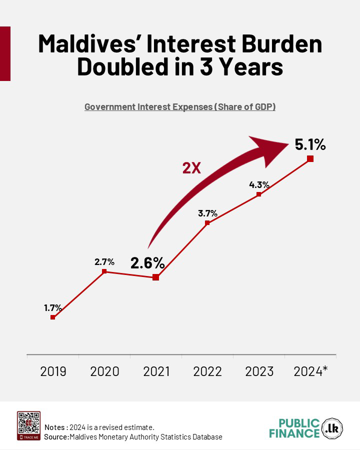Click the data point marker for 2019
click(52, 317)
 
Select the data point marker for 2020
click(104, 271)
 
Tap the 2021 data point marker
click(155, 277)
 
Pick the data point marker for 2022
click(207, 222)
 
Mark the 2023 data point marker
click(258, 194)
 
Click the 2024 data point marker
click(310, 158)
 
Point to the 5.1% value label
click(310, 144)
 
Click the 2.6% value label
click(147, 262)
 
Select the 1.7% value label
click(52, 307)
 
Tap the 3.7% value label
click(207, 213)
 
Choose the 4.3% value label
click(259, 184)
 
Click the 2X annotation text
click(191, 168)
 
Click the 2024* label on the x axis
click(310, 371)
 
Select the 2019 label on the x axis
click(53, 371)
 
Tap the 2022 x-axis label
click(207, 371)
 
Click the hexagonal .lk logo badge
click(332, 428)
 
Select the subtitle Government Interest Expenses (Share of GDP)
click(180, 107)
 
